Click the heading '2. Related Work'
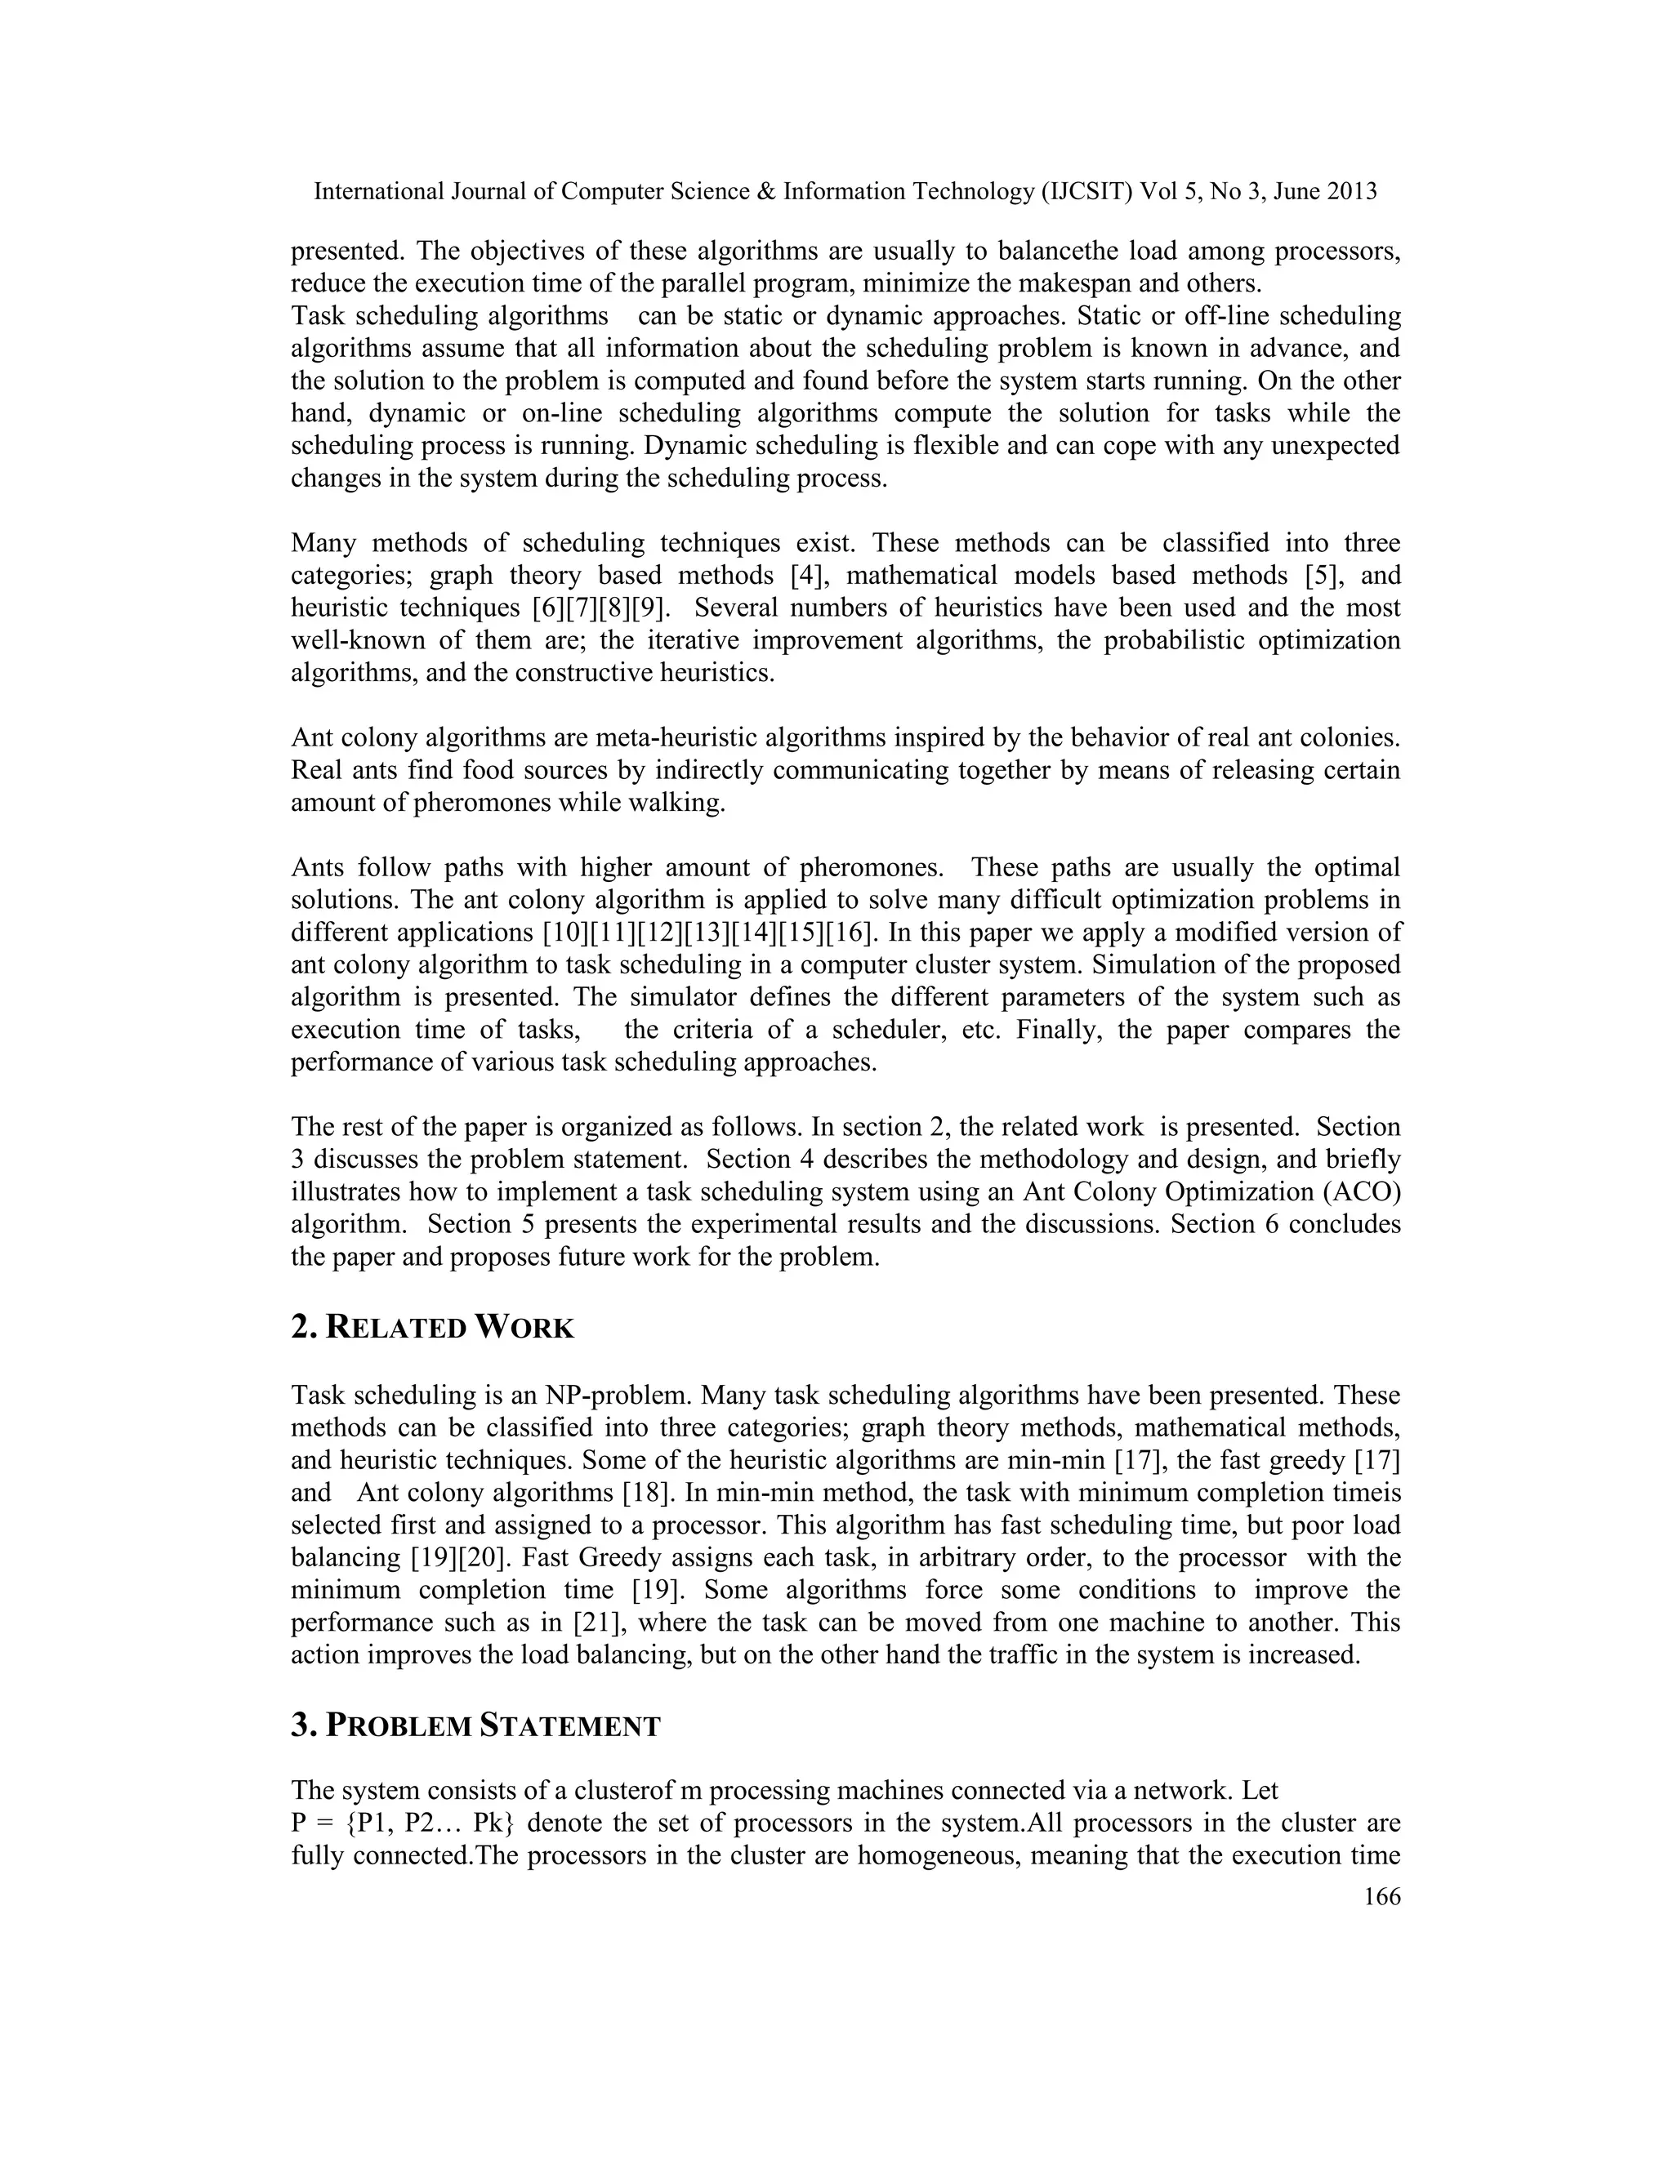432,1328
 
